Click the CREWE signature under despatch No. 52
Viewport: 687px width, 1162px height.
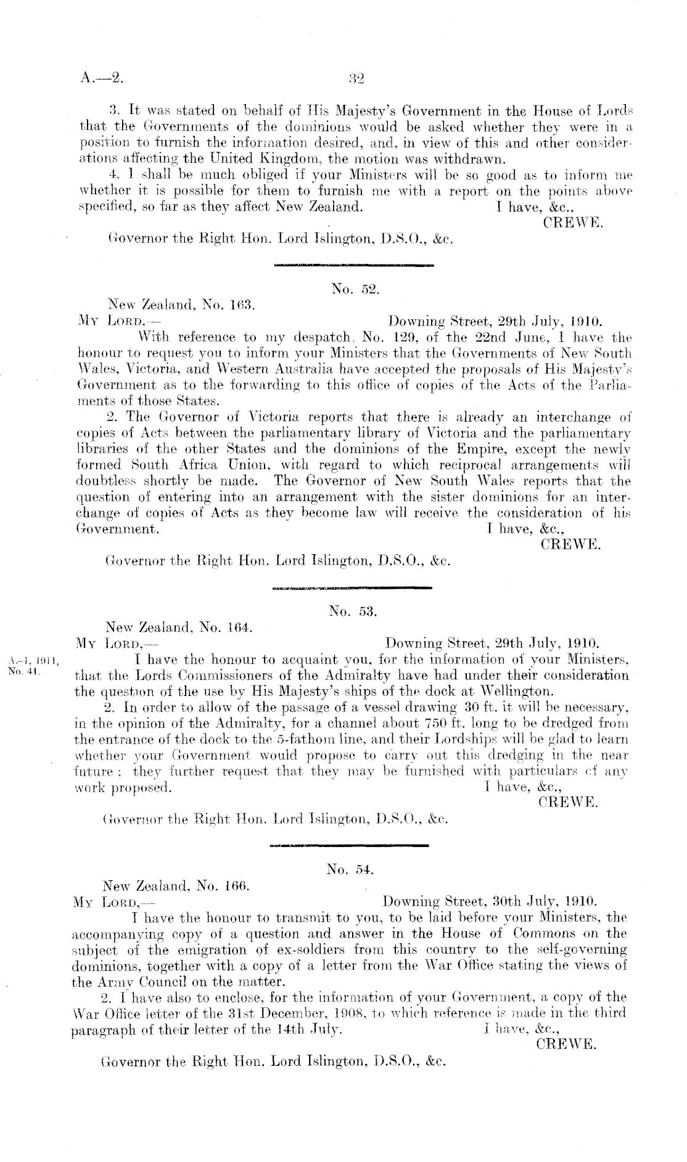tap(570, 544)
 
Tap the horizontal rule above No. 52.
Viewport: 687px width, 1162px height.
tap(352, 266)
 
